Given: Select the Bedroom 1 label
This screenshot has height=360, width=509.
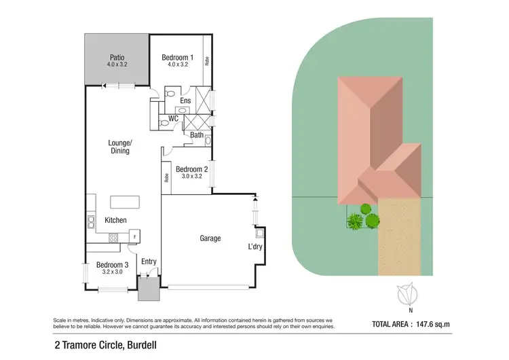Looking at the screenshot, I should [178, 58].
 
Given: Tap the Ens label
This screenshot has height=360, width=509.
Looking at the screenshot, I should [185, 101].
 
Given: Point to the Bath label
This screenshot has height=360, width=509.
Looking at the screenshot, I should [196, 135].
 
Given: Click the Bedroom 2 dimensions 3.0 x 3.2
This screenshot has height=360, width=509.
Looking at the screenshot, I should [191, 177].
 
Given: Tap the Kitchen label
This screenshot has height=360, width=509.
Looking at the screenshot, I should [116, 220].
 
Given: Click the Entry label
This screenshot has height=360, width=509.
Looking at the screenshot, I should [148, 262].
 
